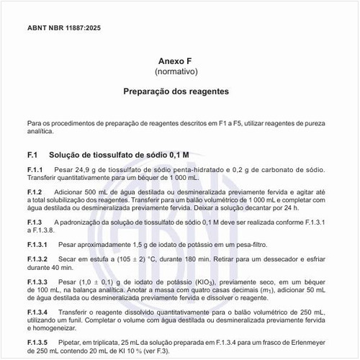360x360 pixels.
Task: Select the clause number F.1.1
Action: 35,169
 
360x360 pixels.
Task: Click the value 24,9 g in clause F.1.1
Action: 88,169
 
